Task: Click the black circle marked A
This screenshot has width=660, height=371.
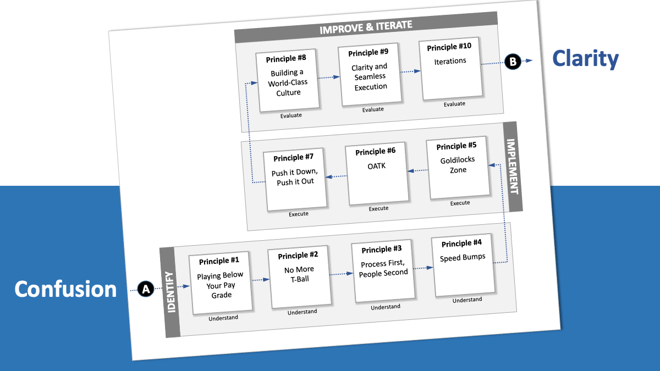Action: coord(145,289)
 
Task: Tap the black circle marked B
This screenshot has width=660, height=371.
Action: coord(513,62)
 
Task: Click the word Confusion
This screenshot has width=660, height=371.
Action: coord(65,289)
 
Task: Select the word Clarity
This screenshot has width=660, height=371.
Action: coord(585,59)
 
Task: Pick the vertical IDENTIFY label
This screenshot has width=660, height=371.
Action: coord(170,291)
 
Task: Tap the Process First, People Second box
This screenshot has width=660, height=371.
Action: coord(383,270)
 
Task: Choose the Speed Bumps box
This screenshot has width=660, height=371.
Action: coord(462,265)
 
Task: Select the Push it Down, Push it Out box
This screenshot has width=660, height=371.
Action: coord(295,179)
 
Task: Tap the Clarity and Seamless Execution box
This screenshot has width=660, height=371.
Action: coord(370,75)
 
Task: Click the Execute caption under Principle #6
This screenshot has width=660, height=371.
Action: coord(378,209)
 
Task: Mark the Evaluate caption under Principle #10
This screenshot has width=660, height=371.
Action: coord(454,104)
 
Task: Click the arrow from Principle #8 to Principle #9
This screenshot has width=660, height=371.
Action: coord(329,77)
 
